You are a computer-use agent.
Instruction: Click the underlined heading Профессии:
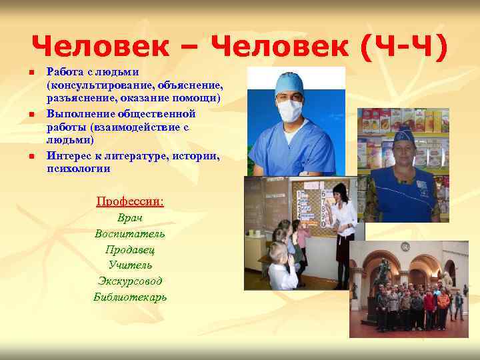pyautogui.click(x=130, y=201)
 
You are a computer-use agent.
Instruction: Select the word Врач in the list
pyautogui.click(x=130, y=218)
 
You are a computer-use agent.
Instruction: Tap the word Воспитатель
pyautogui.click(x=130, y=234)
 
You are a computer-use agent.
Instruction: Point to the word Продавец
pyautogui.click(x=130, y=250)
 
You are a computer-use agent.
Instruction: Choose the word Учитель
pyautogui.click(x=130, y=265)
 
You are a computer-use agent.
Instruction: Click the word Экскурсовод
pyautogui.click(x=130, y=281)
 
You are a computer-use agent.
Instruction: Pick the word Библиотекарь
pyautogui.click(x=130, y=297)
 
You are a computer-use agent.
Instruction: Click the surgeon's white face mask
pyautogui.click(x=291, y=109)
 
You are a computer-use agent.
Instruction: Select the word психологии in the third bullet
pyautogui.click(x=79, y=169)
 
